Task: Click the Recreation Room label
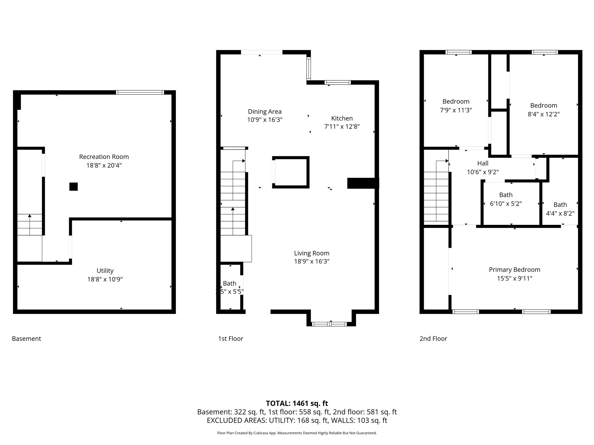coord(104,157)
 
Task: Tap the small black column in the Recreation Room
coord(73,187)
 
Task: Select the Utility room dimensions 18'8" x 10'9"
coord(105,279)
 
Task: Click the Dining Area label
coord(265,112)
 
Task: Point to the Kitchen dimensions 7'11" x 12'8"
coord(342,127)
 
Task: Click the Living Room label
coord(312,253)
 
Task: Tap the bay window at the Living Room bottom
coord(330,324)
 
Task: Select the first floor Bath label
coord(230,283)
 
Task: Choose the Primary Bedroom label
coord(514,270)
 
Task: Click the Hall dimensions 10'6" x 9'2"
coord(483,172)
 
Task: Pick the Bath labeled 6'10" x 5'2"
coord(505,195)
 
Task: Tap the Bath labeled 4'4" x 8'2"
coord(560,205)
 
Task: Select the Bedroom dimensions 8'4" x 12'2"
coord(544,114)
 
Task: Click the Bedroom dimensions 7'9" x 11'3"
coord(456,110)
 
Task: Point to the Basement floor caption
coord(26,338)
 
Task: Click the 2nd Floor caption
coord(433,338)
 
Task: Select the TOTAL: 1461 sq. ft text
coord(297,403)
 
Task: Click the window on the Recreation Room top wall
coord(140,92)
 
